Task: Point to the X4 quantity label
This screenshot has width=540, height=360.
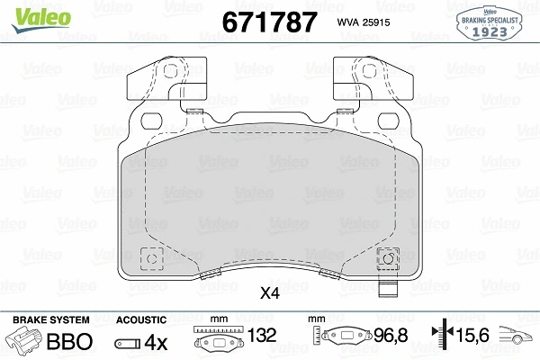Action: (269, 293)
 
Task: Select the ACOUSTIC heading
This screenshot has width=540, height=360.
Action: (141, 319)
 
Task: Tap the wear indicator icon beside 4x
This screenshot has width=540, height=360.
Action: (128, 343)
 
